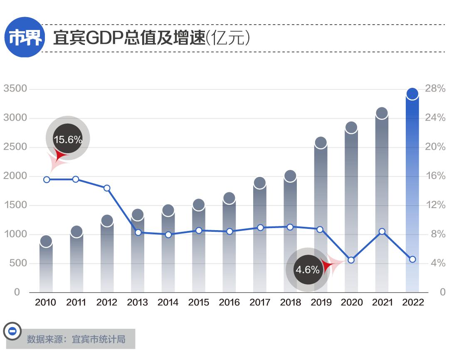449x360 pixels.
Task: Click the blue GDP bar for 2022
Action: click(x=412, y=196)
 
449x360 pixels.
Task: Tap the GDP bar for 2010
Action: click(x=46, y=266)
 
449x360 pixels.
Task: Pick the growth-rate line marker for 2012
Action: click(x=107, y=188)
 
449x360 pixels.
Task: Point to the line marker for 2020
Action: click(x=351, y=260)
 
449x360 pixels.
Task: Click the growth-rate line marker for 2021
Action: click(x=382, y=231)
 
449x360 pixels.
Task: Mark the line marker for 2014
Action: click(x=168, y=235)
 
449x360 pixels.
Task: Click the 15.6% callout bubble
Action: click(x=67, y=139)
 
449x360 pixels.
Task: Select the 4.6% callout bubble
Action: click(x=308, y=270)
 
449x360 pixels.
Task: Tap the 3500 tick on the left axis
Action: click(x=15, y=89)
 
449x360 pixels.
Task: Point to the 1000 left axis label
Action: click(x=15, y=234)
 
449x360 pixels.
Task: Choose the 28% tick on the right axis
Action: click(x=435, y=89)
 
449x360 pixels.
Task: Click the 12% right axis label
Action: click(x=435, y=205)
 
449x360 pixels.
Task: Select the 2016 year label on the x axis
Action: click(x=229, y=303)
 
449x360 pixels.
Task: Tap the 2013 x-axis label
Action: click(x=137, y=303)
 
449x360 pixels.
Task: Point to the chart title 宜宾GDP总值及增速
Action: click(x=129, y=38)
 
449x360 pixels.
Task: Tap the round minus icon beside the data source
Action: click(x=12, y=331)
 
